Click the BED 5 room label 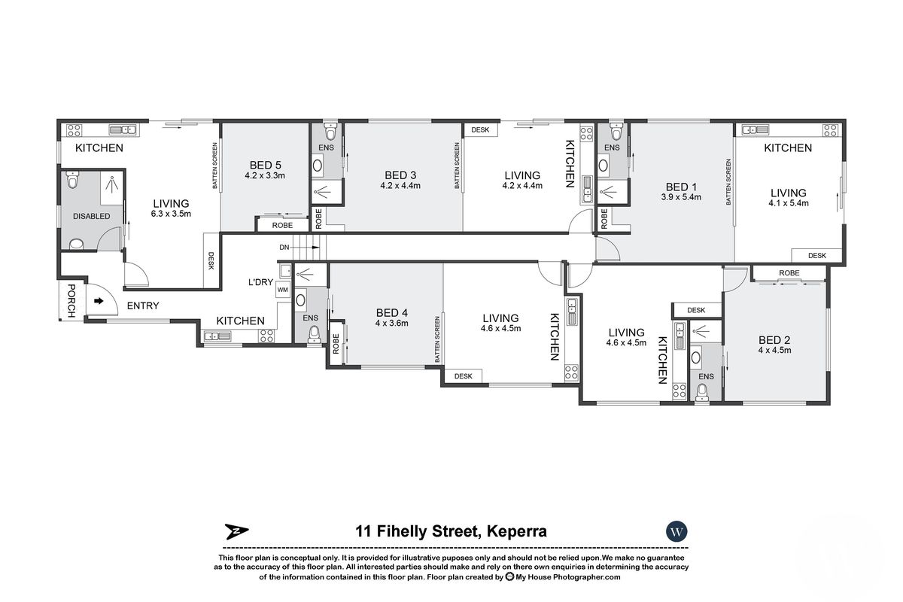coord(265,165)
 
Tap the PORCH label coord(71,300)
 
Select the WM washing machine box coord(283,290)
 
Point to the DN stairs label coord(284,247)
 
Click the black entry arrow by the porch coord(99,301)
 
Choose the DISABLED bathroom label coord(92,216)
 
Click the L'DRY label coord(260,282)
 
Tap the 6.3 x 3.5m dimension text coord(171,214)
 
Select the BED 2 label coord(774,340)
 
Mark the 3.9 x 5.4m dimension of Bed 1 coord(681,197)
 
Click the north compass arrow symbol coord(236,531)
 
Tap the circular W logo coord(676,531)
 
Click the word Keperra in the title coord(517,531)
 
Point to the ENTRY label coord(143,306)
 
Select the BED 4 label coord(392,312)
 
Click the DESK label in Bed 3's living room coord(480,130)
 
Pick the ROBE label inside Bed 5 coord(282,226)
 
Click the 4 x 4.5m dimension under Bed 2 coord(774,350)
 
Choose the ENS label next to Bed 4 coord(310,318)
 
